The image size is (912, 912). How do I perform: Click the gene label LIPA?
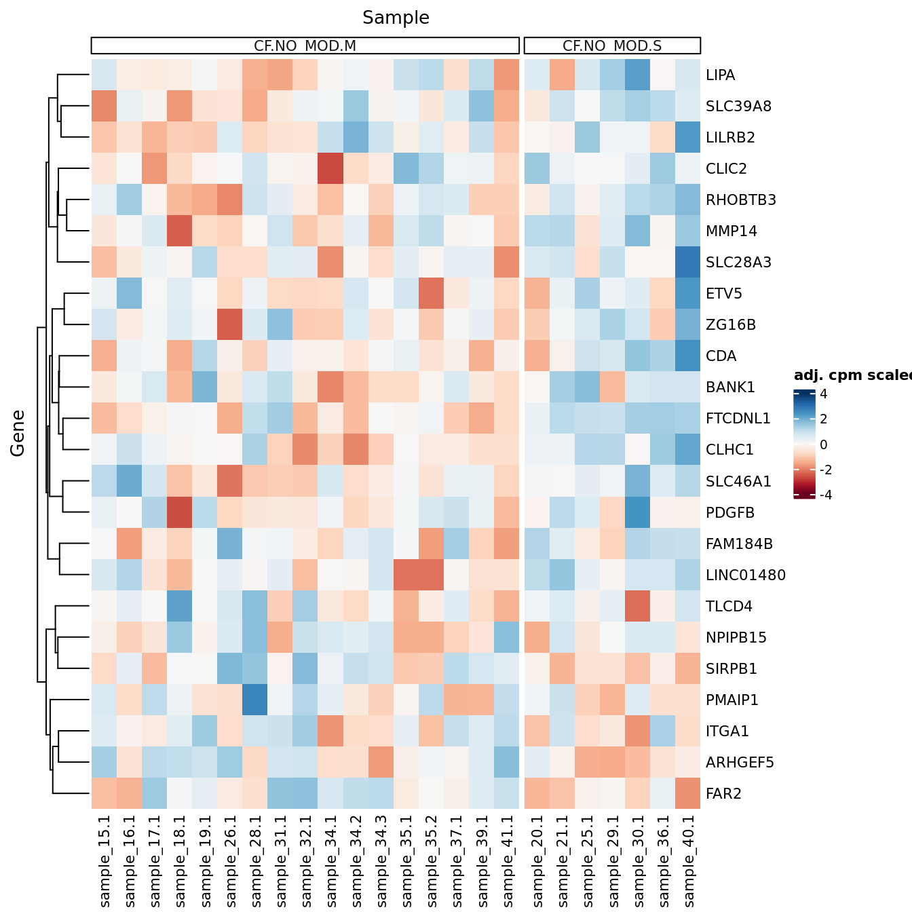(720, 75)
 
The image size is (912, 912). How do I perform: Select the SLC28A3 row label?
(738, 263)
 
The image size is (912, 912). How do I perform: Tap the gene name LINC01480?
(745, 575)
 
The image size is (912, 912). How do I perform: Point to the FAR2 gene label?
(723, 794)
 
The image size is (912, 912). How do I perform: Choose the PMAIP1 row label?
(731, 700)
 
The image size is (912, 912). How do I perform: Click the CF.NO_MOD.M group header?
(305, 46)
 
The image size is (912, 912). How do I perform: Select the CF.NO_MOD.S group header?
(612, 46)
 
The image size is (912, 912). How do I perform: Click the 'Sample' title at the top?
(396, 18)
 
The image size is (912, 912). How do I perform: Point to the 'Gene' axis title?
(18, 433)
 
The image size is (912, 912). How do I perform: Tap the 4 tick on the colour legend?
(823, 394)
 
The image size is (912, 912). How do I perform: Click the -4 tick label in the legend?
(825, 495)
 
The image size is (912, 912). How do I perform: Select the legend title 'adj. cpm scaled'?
(852, 376)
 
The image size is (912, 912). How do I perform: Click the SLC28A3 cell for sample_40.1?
(688, 263)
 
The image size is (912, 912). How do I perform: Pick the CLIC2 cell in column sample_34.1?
(330, 169)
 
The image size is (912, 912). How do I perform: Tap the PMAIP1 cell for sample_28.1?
(255, 700)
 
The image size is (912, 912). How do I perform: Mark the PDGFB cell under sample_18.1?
(180, 513)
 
